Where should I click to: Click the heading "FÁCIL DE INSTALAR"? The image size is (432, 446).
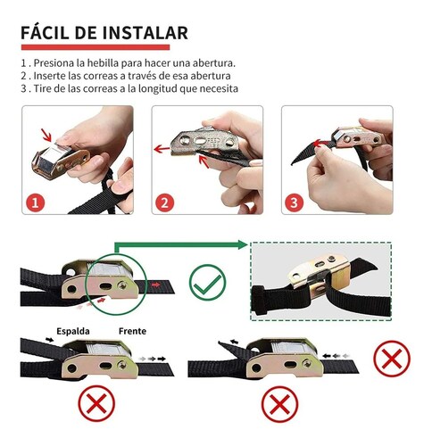[104, 33]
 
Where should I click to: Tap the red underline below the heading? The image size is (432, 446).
[95, 47]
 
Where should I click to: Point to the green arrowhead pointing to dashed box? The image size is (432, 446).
[243, 244]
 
